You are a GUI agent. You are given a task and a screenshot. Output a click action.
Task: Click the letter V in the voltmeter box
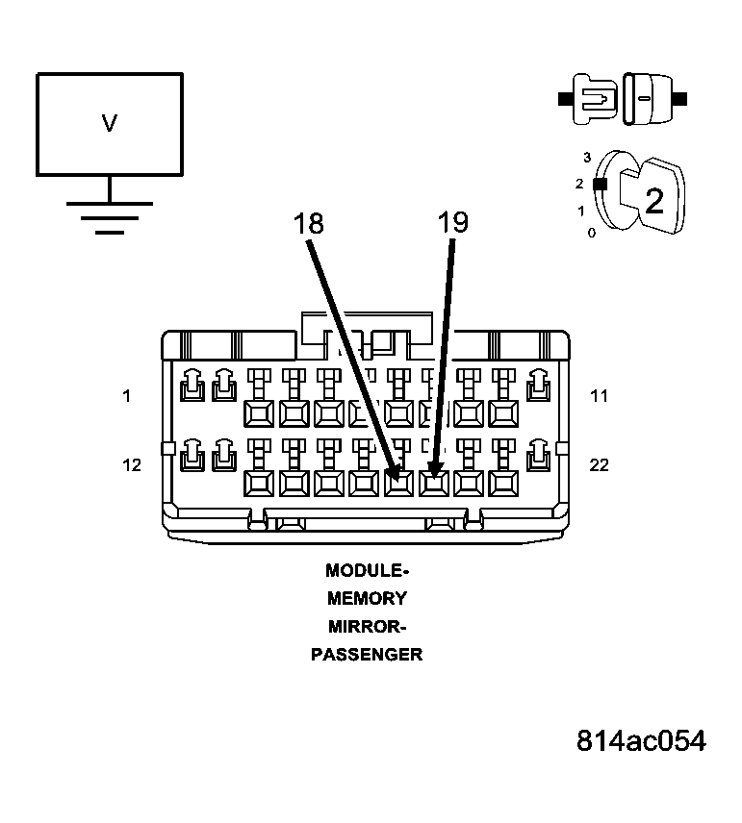(x=110, y=123)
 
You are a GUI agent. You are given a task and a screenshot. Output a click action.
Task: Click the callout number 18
(x=309, y=223)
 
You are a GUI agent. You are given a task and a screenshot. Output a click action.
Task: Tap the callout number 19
(x=453, y=222)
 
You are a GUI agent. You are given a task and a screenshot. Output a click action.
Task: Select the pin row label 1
(x=126, y=396)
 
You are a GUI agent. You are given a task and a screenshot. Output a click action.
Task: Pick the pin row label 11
(x=599, y=396)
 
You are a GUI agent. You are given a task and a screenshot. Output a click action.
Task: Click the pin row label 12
(x=132, y=465)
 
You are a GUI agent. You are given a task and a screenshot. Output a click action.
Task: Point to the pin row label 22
(x=599, y=465)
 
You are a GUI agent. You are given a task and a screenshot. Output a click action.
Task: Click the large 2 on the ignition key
(x=654, y=201)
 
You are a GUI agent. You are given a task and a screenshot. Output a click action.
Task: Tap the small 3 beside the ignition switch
(x=587, y=158)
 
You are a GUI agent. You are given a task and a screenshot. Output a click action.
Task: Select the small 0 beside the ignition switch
(x=592, y=233)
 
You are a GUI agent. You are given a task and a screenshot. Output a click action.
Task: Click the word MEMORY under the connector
(x=367, y=598)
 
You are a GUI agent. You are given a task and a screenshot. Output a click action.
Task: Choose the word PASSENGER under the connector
(x=367, y=655)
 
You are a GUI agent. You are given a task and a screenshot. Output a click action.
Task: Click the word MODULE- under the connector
(x=367, y=570)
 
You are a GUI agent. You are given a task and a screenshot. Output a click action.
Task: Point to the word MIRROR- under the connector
(x=367, y=627)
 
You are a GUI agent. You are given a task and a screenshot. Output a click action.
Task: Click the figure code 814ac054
(x=641, y=741)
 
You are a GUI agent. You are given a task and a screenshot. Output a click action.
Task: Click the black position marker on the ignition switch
(x=601, y=185)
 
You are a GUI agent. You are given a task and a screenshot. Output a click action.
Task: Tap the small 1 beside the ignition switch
(x=580, y=211)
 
